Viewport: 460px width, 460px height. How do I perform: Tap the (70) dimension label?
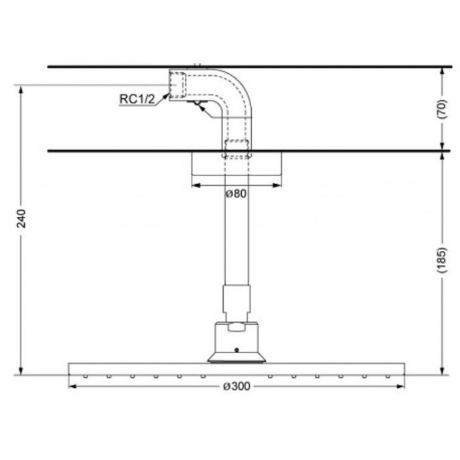click(x=443, y=109)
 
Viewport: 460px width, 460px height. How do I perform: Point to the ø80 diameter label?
click(x=236, y=193)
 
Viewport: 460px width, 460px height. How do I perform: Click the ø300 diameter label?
click(x=236, y=387)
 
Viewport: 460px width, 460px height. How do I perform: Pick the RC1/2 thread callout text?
click(x=137, y=98)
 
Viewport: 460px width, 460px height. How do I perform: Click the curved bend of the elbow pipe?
click(x=237, y=83)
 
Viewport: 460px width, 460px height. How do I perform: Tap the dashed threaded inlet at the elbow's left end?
click(x=177, y=85)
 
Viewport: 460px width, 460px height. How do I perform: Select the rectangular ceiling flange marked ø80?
click(x=236, y=163)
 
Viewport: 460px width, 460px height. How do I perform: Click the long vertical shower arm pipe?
click(x=236, y=236)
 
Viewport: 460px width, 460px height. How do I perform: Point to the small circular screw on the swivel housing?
click(x=236, y=349)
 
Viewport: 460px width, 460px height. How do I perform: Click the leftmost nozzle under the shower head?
click(x=85, y=375)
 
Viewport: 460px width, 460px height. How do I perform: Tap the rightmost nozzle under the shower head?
click(x=389, y=375)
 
